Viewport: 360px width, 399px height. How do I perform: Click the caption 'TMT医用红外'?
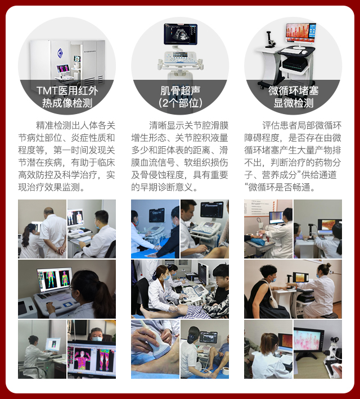(x=67, y=91)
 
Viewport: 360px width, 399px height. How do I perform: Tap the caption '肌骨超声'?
(x=180, y=91)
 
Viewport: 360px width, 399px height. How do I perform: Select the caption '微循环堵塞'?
(x=293, y=91)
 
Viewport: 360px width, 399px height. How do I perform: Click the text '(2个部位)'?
(x=180, y=103)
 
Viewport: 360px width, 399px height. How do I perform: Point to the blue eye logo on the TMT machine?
(x=60, y=53)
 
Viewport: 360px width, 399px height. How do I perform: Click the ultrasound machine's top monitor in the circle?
(x=181, y=34)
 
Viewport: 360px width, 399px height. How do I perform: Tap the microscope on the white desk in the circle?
(x=269, y=39)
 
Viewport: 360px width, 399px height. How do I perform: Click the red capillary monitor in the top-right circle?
(x=301, y=33)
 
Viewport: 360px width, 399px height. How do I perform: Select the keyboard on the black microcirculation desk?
(x=291, y=51)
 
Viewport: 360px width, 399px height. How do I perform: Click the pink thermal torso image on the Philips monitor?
(x=82, y=359)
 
